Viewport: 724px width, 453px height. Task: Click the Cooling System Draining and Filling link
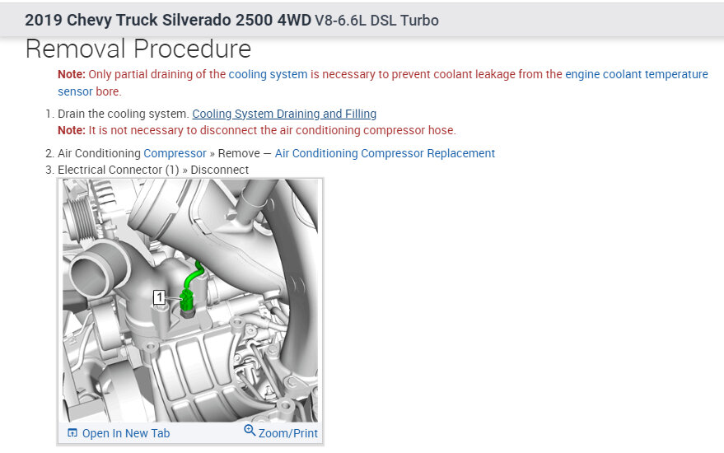coord(284,114)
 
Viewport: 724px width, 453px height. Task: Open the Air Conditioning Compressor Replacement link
coord(385,153)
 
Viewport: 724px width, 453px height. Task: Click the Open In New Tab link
coord(125,433)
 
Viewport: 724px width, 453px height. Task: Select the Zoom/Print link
coord(287,433)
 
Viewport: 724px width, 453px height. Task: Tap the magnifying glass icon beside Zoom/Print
coord(250,431)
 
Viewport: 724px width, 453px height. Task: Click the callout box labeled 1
coord(159,297)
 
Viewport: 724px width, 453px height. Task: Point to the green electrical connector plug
coord(187,301)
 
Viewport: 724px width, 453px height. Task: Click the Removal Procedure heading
coord(138,49)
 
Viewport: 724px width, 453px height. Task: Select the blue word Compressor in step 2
coord(175,153)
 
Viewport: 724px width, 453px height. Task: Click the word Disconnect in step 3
coord(219,170)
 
